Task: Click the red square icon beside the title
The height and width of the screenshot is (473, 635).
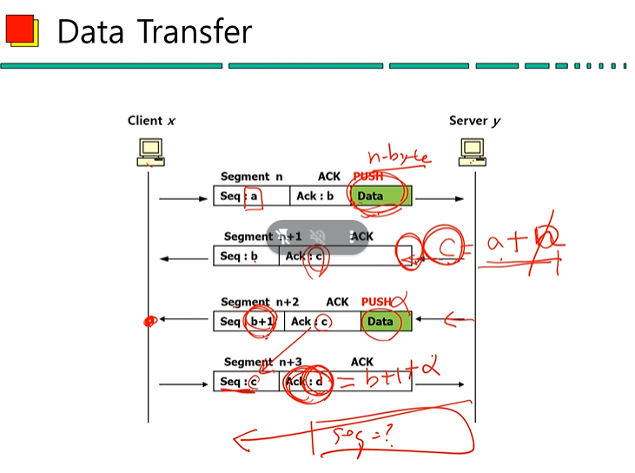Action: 21,31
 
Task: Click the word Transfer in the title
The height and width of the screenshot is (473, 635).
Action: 192,32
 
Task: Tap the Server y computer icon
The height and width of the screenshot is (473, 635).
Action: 473,151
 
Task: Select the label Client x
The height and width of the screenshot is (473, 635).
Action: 151,121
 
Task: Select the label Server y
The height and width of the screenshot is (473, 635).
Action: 474,121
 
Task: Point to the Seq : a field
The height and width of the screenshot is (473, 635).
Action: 240,196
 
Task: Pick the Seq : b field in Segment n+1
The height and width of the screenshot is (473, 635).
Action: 239,256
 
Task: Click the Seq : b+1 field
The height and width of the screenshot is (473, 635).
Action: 248,322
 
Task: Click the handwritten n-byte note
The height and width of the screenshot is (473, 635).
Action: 399,157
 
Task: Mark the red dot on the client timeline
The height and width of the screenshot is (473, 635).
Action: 149,322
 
